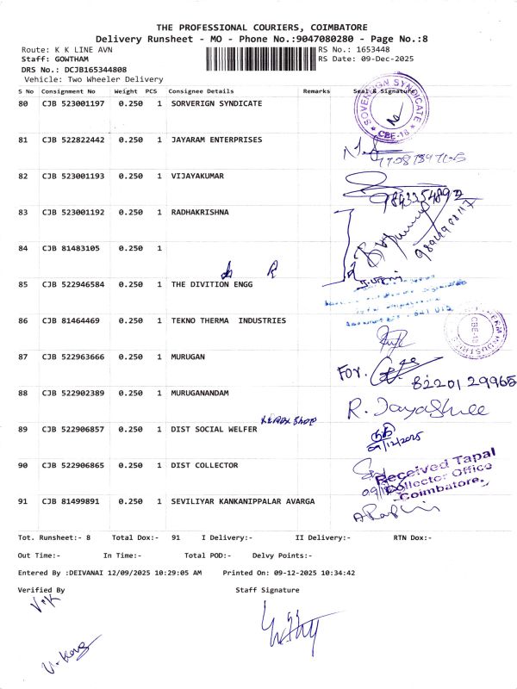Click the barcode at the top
261,59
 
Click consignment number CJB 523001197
73,103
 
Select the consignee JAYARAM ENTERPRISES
216,140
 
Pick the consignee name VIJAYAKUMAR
197,176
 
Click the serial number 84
23,248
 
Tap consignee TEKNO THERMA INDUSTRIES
228,320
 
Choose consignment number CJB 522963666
73,357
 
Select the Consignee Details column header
201,90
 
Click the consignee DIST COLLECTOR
204,465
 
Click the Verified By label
41,590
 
